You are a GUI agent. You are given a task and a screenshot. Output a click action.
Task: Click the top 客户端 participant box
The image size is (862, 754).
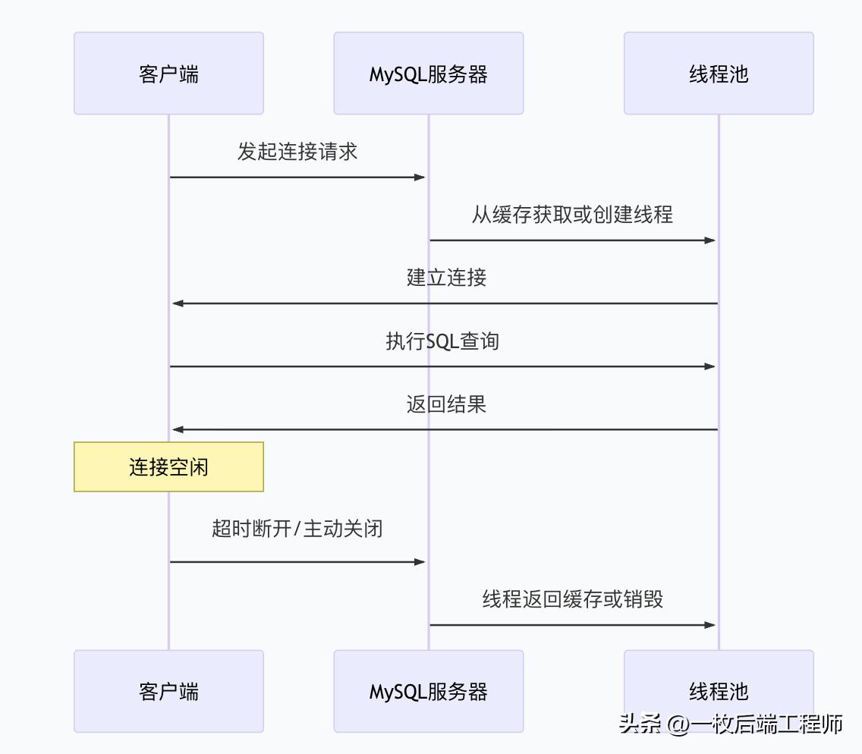coord(168,74)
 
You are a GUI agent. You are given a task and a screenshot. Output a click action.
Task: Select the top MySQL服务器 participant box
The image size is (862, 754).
coord(428,74)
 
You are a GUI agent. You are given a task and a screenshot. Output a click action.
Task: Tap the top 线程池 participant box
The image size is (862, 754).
coord(718,74)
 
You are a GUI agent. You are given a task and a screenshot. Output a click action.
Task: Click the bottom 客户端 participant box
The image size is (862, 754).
coord(168,691)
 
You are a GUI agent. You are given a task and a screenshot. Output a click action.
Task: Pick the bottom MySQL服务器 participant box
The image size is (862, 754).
coord(428,691)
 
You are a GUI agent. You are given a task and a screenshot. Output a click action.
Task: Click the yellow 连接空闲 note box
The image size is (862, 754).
coord(168,467)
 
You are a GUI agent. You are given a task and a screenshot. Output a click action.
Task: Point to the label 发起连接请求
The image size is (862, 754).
coord(297,152)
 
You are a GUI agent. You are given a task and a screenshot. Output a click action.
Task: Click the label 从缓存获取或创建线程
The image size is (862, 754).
coord(572,215)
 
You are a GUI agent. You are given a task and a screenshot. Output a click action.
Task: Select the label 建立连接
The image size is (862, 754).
coord(446,278)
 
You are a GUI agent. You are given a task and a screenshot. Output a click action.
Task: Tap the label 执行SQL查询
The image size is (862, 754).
coord(442,341)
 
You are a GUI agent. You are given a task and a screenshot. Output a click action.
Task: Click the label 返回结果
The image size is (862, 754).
coord(446,404)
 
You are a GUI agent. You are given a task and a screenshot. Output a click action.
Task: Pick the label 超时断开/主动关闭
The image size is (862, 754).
coord(297,528)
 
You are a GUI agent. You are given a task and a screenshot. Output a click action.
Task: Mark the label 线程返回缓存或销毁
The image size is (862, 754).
coord(573,599)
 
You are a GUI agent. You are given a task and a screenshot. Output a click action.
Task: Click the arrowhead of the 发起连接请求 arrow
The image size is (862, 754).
coord(420,178)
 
